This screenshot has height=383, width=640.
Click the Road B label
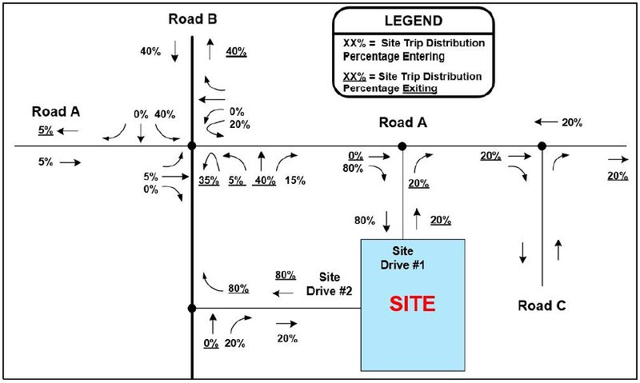pos(193,18)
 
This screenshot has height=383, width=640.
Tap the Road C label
pos(542,305)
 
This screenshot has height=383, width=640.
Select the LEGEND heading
pos(414,21)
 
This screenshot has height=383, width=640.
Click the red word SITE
pos(412,304)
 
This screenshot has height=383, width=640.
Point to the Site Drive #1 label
pos(402,257)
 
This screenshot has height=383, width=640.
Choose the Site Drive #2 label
pos(330,284)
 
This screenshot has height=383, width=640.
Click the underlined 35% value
pos(209,180)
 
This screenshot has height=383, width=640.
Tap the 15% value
pos(295,180)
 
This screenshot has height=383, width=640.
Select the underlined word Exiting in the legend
pos(420,89)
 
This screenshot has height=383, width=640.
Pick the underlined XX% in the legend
pos(354,76)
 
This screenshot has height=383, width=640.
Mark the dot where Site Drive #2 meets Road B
pos(192,309)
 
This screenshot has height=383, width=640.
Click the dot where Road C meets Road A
pos(542,146)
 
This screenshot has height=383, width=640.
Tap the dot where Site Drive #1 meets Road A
pos(402,146)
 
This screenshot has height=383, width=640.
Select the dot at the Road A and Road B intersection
pos(192,146)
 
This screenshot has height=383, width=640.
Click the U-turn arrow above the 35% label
pos(212,154)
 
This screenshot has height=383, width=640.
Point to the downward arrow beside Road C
pos(522,253)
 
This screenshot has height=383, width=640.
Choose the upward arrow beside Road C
pos(558,249)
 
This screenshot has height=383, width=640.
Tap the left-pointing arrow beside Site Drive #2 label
pos(283,293)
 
